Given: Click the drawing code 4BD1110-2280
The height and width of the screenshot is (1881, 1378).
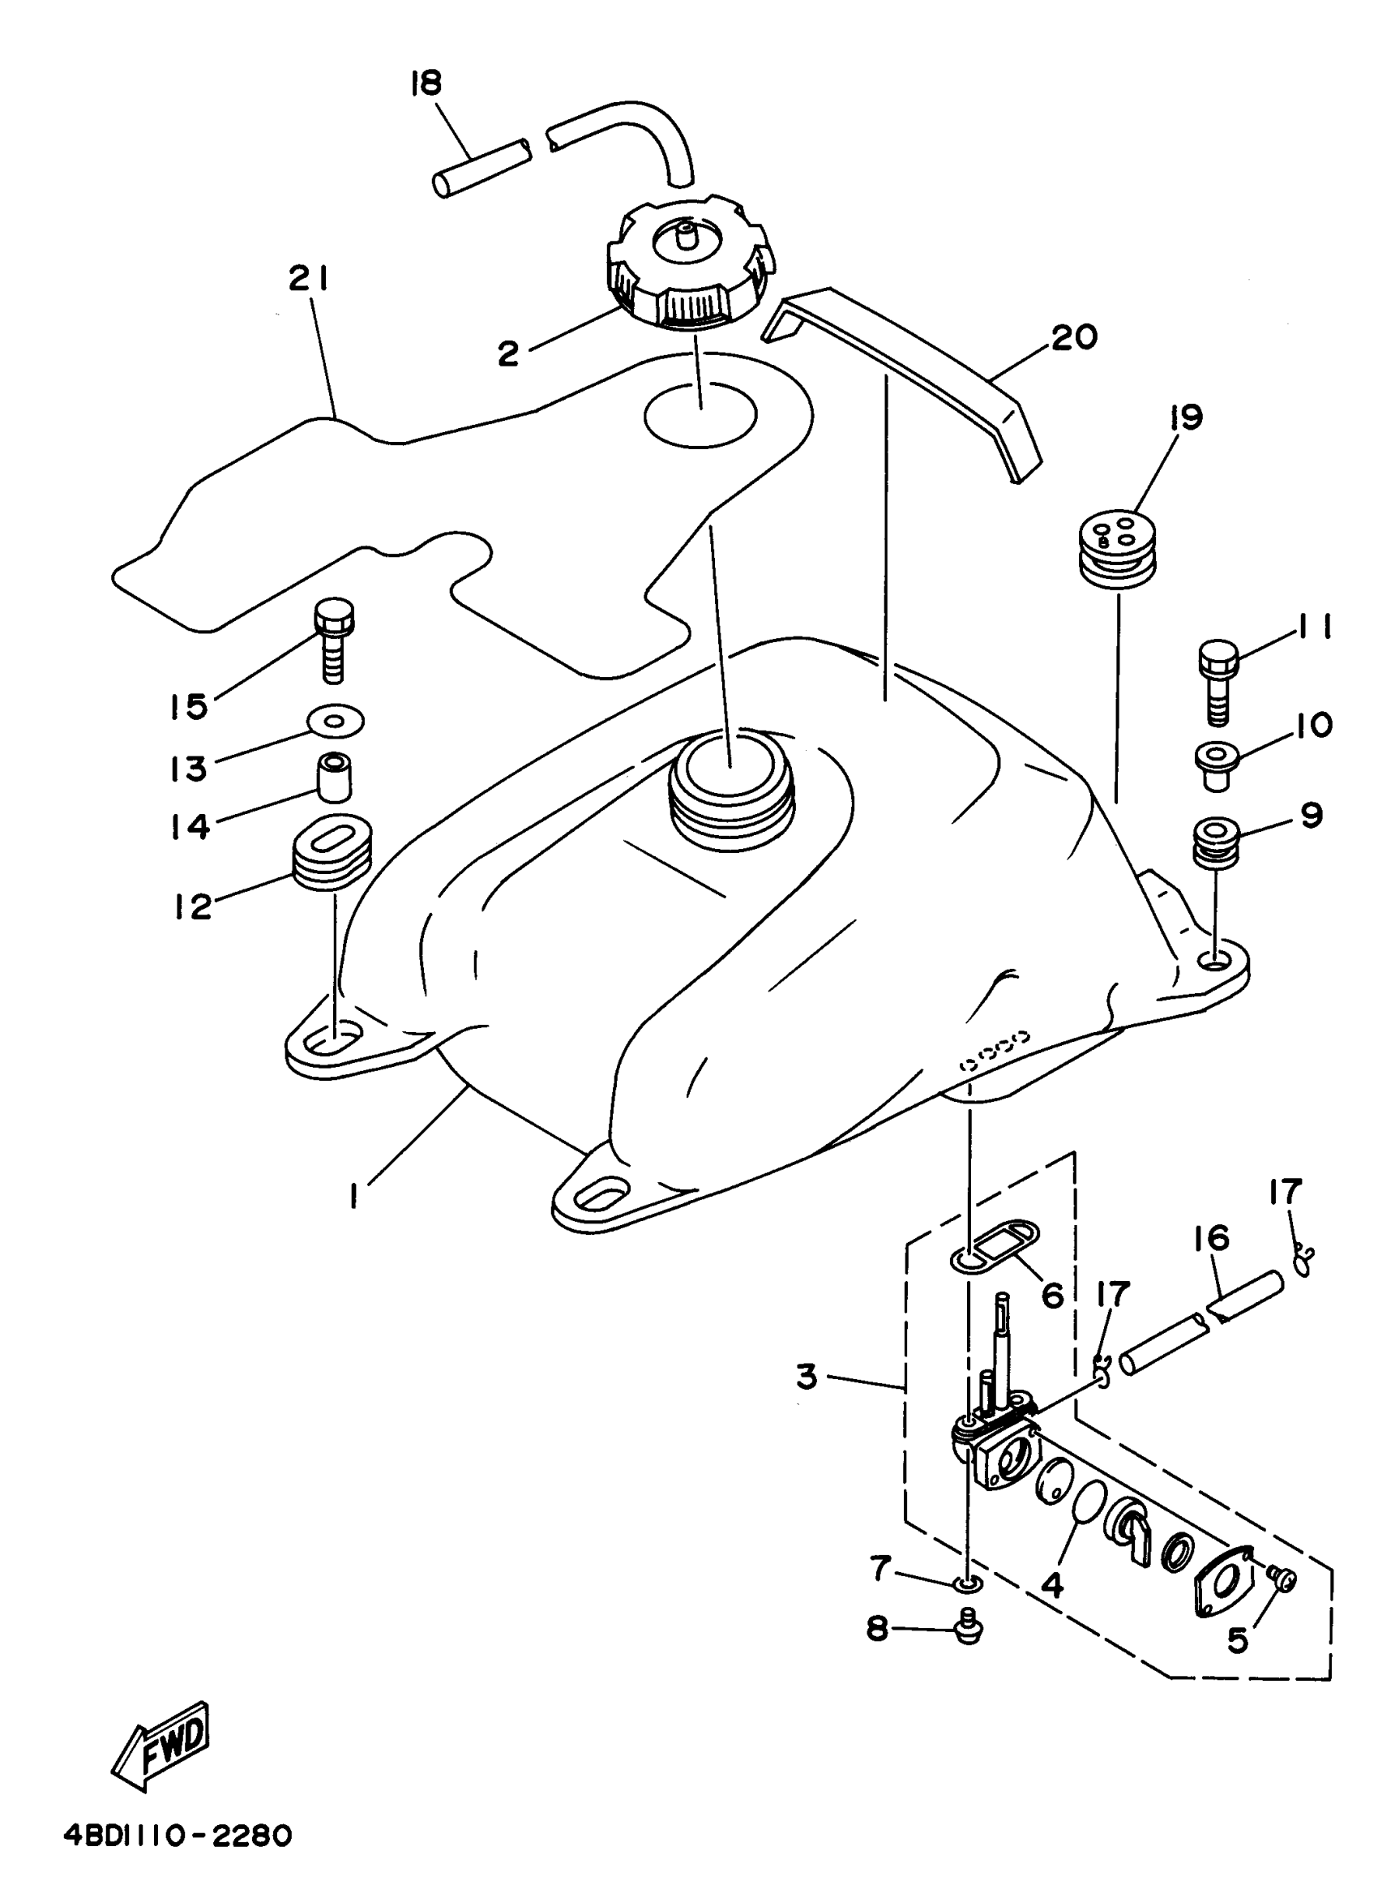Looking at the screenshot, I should (x=178, y=1836).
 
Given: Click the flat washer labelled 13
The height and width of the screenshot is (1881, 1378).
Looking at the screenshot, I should (x=336, y=721).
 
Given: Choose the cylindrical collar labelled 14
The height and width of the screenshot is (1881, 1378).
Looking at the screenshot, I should (x=334, y=776).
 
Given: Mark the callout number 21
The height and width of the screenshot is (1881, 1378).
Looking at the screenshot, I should (x=309, y=280).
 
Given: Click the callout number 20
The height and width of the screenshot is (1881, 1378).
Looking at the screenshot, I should (x=1073, y=338).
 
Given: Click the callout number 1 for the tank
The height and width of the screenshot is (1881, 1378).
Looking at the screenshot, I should (x=353, y=1198).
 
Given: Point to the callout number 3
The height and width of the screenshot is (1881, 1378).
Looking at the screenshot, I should (x=806, y=1377).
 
